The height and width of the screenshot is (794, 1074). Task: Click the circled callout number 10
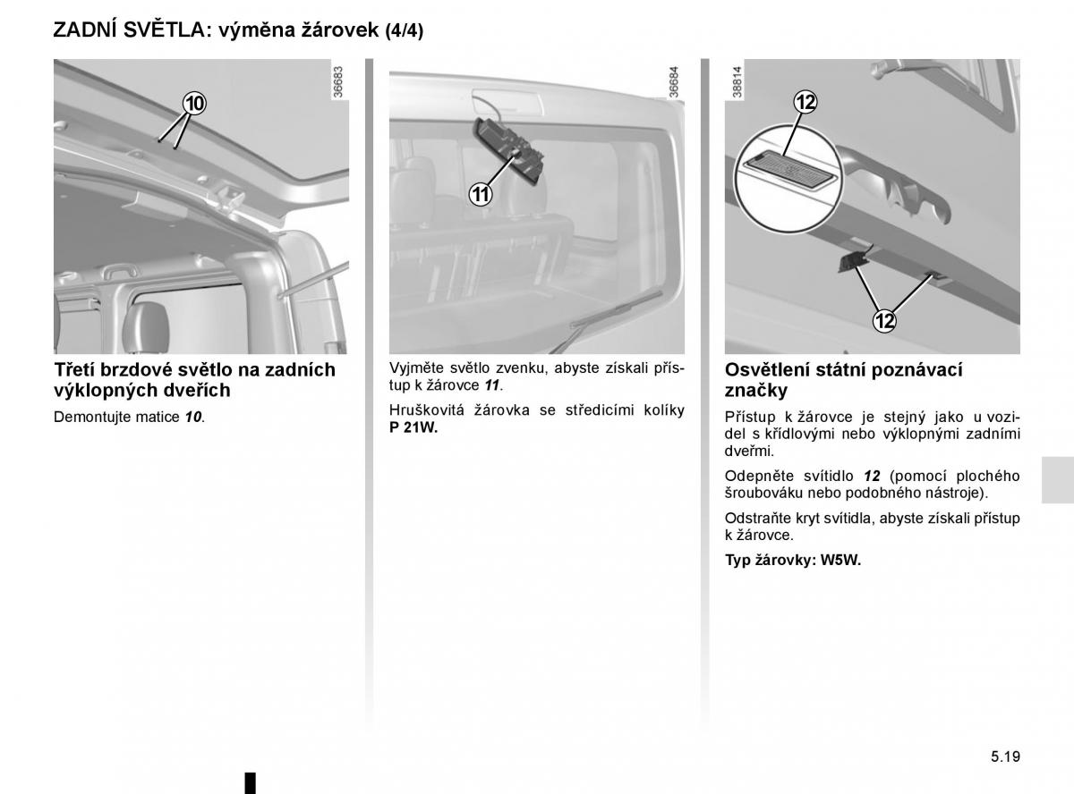click(x=194, y=104)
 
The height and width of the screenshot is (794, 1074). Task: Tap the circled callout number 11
click(x=481, y=194)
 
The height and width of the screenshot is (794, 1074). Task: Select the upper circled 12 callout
click(x=805, y=103)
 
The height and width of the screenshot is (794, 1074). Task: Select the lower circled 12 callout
click(x=883, y=320)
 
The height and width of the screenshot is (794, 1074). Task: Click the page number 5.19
click(x=1005, y=756)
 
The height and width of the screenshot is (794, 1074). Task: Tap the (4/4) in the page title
click(x=404, y=30)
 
